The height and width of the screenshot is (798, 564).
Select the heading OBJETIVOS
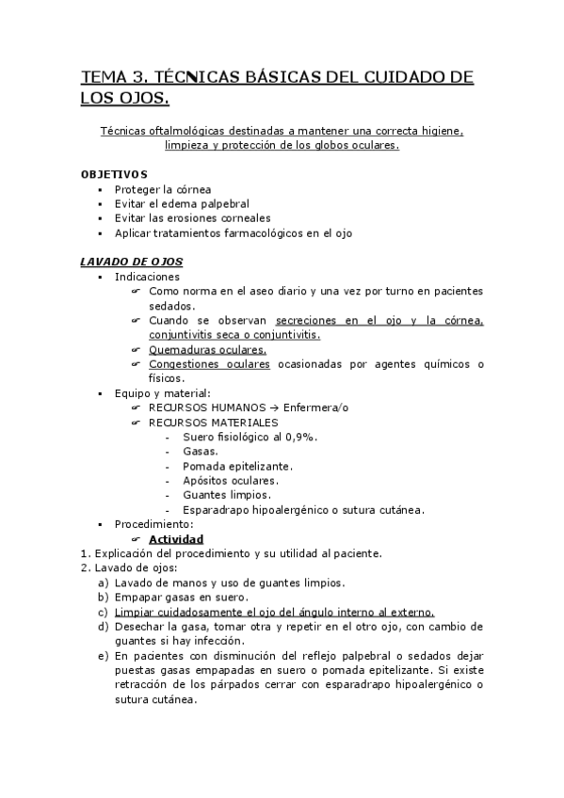[x=114, y=174]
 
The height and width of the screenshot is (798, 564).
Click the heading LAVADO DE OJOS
[x=131, y=261]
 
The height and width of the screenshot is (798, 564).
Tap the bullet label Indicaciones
[x=147, y=277]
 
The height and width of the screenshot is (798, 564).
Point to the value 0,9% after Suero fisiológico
[x=300, y=437]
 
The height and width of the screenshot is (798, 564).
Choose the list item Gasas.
[x=201, y=452]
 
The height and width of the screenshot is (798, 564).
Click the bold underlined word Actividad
[x=176, y=539]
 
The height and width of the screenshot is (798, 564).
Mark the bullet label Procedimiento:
[x=153, y=523]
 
